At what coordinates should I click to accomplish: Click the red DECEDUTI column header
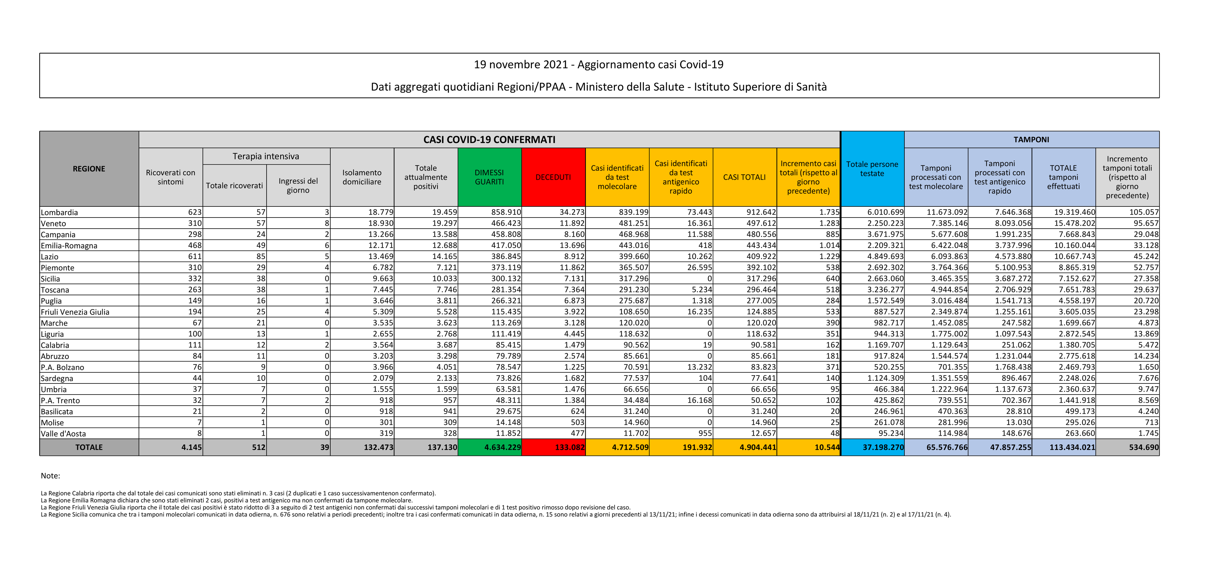553,177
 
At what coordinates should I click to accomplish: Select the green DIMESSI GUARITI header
489,177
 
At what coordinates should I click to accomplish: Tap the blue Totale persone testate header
872,169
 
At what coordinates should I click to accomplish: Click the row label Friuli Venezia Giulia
75,312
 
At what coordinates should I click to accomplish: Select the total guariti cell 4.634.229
502,447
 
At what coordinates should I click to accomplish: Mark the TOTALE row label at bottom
89,447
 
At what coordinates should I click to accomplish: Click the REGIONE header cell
89,169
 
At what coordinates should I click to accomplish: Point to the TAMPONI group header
1031,139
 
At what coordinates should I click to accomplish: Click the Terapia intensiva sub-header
266,156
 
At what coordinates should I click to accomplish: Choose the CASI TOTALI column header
744,177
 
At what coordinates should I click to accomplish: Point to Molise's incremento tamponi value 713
1151,422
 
